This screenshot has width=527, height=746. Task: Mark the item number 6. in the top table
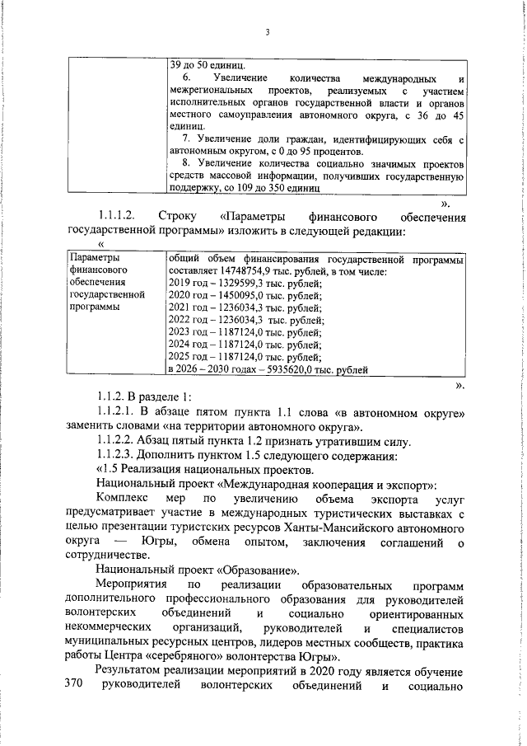pyautogui.click(x=186, y=77)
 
